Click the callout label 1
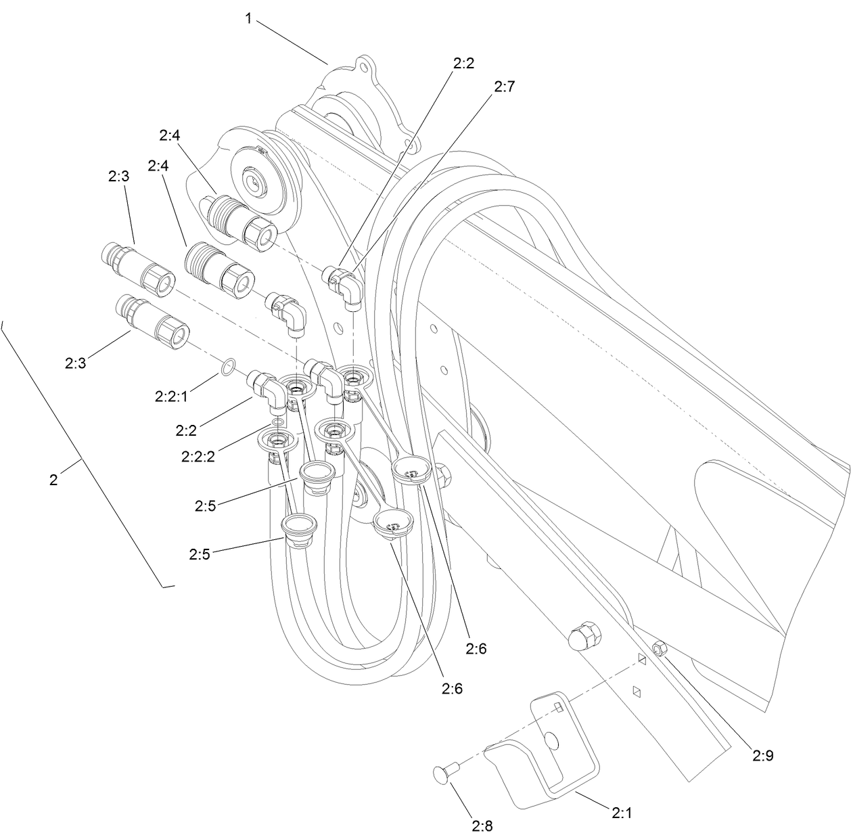(248, 19)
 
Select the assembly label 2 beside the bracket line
(53, 480)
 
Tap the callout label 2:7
(504, 87)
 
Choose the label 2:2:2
(198, 456)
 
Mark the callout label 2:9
(762, 755)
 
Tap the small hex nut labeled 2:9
(660, 649)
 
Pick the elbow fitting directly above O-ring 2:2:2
(268, 391)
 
